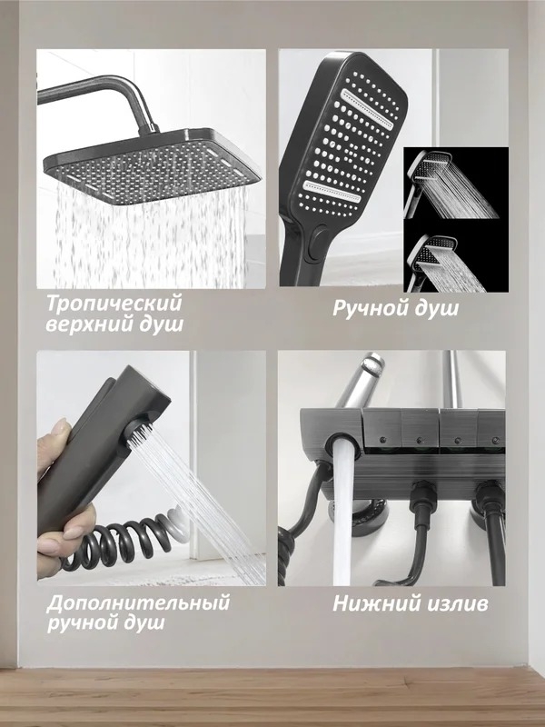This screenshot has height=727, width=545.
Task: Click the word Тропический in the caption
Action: point(114,304)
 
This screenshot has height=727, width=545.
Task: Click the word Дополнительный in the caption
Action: point(138,603)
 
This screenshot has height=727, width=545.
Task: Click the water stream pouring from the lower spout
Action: point(343,513)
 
